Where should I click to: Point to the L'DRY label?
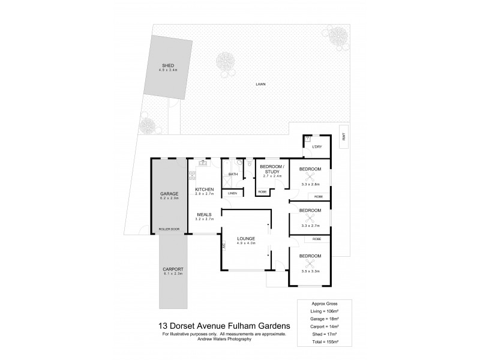click(317, 146)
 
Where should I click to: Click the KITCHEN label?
click(205, 190)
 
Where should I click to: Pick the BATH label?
click(233, 175)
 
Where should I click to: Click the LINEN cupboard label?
click(232, 193)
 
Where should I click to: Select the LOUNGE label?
click(246, 238)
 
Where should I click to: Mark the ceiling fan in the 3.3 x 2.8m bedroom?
click(310, 178)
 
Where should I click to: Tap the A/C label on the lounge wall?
click(223, 246)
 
